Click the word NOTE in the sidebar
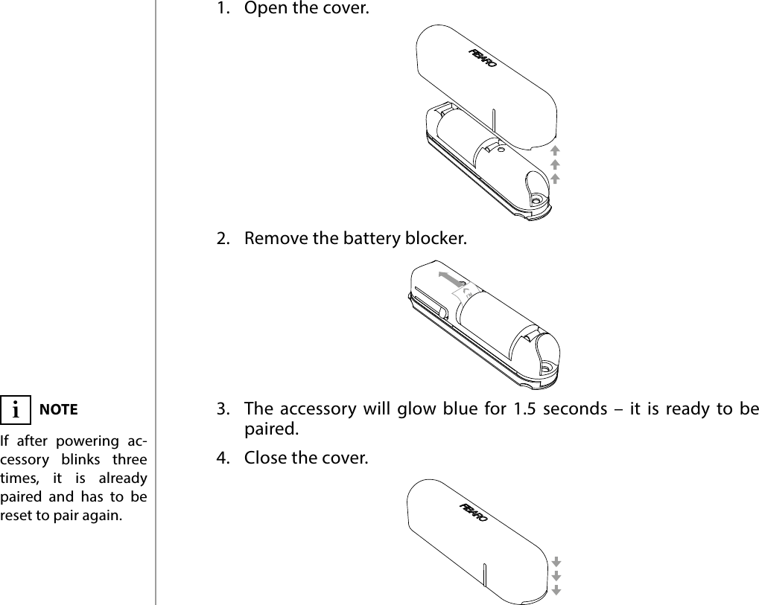coord(58,409)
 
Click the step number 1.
coord(221,10)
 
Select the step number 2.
coord(221,240)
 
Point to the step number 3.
coord(221,409)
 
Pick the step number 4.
coord(221,456)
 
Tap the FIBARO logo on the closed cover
coord(474,513)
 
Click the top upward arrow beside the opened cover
coord(555,151)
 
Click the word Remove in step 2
coord(270,240)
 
